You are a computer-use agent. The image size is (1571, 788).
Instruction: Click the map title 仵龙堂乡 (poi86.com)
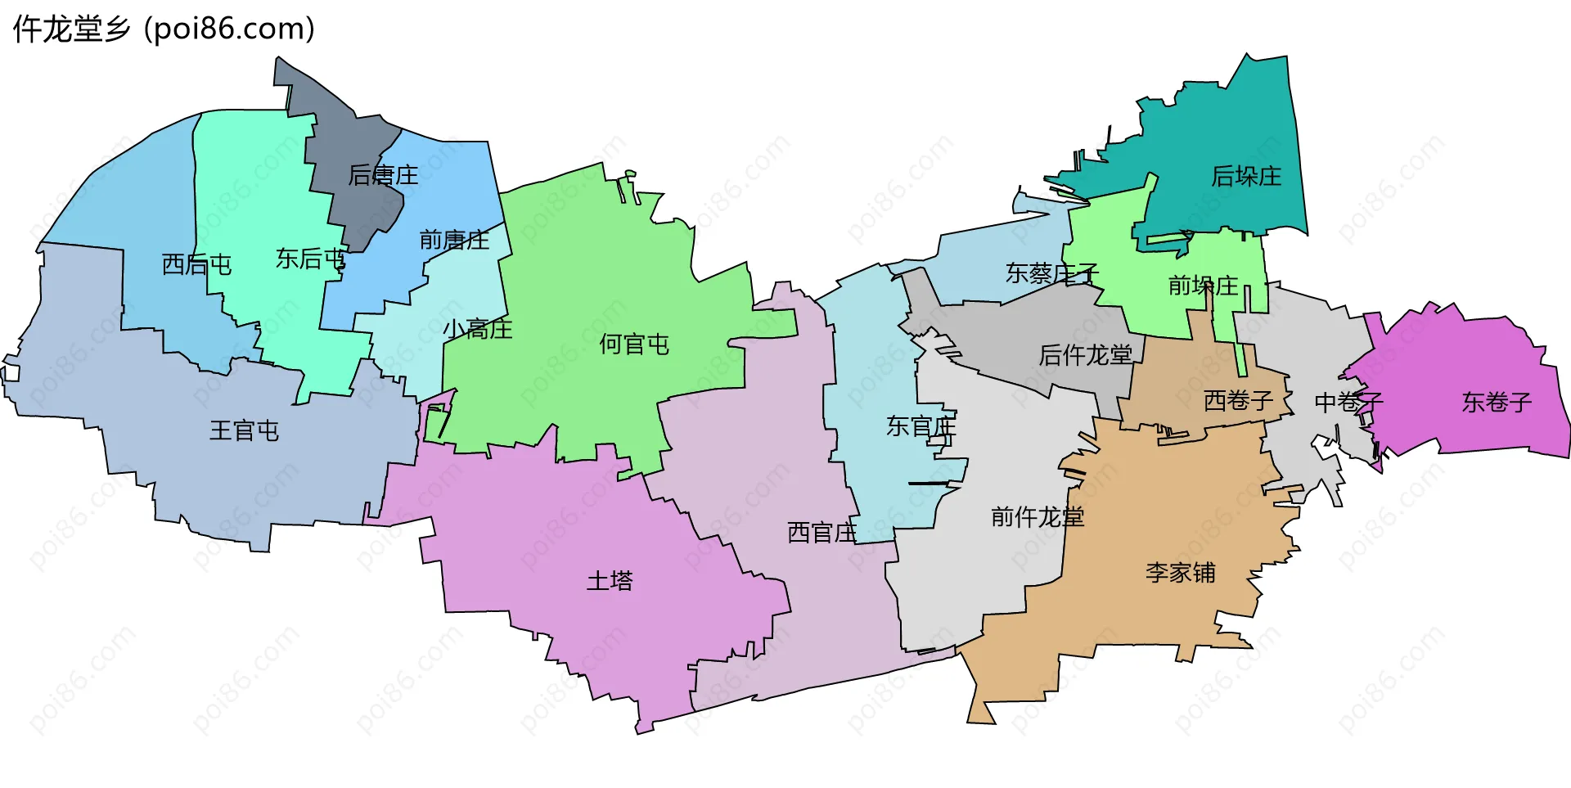click(164, 29)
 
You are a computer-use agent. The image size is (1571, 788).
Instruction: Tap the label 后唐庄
click(383, 175)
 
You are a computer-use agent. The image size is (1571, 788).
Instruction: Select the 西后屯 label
click(196, 264)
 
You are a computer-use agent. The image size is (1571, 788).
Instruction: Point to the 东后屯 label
click(311, 259)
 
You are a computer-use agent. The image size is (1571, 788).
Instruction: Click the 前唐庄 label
click(454, 240)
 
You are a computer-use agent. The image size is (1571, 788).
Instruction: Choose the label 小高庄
click(477, 330)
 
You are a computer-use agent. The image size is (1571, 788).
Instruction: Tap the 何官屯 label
click(634, 344)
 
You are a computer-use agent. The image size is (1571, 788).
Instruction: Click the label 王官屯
click(244, 431)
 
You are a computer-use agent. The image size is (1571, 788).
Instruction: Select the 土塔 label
click(610, 581)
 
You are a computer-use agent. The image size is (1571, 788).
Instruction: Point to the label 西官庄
click(822, 533)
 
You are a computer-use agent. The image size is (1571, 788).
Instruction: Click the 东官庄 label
click(921, 426)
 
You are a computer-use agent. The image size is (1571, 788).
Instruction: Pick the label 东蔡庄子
click(1051, 273)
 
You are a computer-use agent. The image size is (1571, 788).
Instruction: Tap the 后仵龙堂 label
click(1085, 355)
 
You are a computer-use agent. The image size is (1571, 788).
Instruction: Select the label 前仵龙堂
click(1037, 517)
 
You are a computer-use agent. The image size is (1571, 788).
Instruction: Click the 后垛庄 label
click(1246, 176)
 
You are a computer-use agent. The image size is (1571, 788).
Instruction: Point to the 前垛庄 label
click(1203, 286)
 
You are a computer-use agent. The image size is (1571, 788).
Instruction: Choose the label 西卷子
click(1238, 401)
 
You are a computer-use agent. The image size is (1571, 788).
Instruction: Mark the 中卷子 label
click(1348, 403)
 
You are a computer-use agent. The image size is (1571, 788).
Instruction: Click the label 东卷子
click(1497, 403)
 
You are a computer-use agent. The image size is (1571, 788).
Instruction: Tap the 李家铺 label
click(1180, 573)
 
